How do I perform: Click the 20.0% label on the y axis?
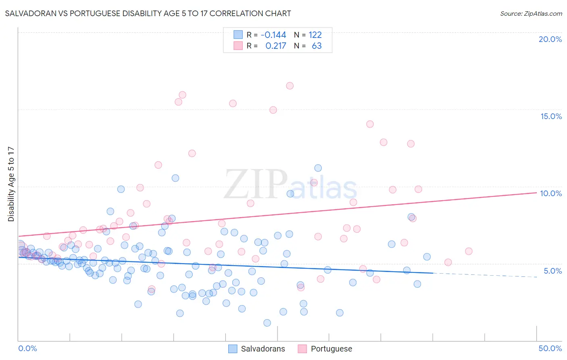click(550, 39)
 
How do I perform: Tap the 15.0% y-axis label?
click(551, 116)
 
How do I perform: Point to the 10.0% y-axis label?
click(551, 193)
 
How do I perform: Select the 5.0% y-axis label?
click(552, 271)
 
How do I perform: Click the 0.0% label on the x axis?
click(27, 348)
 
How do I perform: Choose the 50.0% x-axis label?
click(550, 348)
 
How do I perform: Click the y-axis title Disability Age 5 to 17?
click(11, 184)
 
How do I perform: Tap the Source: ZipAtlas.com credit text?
click(531, 13)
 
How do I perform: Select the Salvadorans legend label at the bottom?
click(263, 349)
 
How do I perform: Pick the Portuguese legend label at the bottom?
click(331, 349)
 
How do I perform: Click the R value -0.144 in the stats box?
click(273, 35)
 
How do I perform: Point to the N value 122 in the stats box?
click(315, 35)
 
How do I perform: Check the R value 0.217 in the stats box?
click(275, 46)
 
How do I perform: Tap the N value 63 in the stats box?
click(317, 46)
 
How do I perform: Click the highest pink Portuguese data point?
click(290, 86)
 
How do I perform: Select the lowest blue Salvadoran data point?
click(267, 323)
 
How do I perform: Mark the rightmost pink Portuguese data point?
click(469, 251)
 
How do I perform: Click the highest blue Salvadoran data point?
click(318, 168)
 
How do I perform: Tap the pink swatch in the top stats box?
click(238, 46)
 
